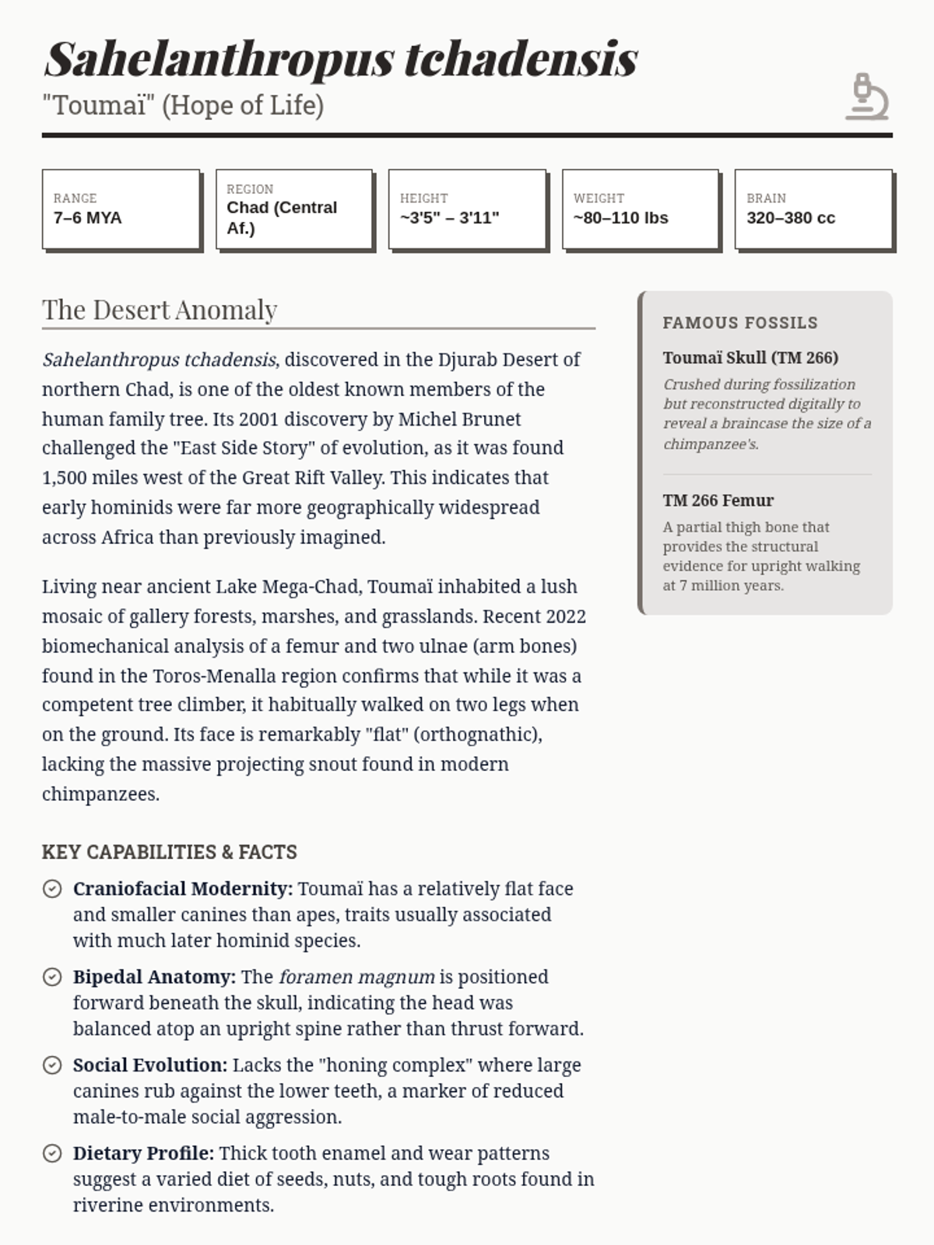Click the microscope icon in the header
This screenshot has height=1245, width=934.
tap(867, 96)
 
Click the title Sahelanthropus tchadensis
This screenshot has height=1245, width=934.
tap(341, 59)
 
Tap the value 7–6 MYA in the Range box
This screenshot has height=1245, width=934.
tap(88, 218)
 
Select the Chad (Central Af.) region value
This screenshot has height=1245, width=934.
tap(282, 218)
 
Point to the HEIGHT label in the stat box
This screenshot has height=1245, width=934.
tap(424, 198)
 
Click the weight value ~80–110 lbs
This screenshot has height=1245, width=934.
tap(621, 218)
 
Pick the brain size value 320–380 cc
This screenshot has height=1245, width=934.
tap(791, 218)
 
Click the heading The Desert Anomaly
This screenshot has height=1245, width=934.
tap(160, 310)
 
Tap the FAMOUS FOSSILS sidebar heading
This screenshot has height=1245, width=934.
tap(740, 323)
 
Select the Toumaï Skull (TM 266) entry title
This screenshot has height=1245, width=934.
tap(750, 358)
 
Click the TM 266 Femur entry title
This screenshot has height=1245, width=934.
tap(718, 500)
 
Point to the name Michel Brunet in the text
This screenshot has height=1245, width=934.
tap(459, 419)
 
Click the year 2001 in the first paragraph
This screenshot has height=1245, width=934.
tap(258, 419)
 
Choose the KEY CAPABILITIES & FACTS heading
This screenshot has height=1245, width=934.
tap(170, 852)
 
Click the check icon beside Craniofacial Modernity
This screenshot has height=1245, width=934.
tap(52, 889)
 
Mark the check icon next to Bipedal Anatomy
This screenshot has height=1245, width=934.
tap(52, 977)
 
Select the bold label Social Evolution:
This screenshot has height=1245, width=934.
tap(150, 1065)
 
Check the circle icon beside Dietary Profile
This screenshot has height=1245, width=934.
tap(52, 1153)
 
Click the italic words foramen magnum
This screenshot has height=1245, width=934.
tap(356, 977)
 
